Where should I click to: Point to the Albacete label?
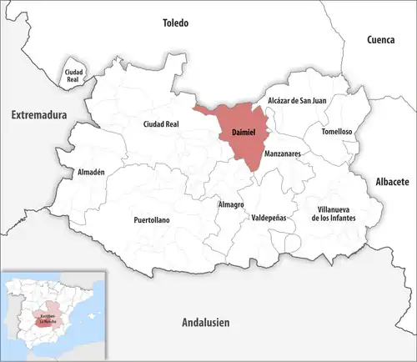point(388,181)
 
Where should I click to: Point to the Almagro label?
point(230,204)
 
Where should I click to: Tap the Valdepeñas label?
point(269,217)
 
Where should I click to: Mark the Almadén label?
point(91,172)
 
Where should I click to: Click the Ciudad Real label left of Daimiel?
point(162,124)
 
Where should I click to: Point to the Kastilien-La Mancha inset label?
point(47,316)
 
